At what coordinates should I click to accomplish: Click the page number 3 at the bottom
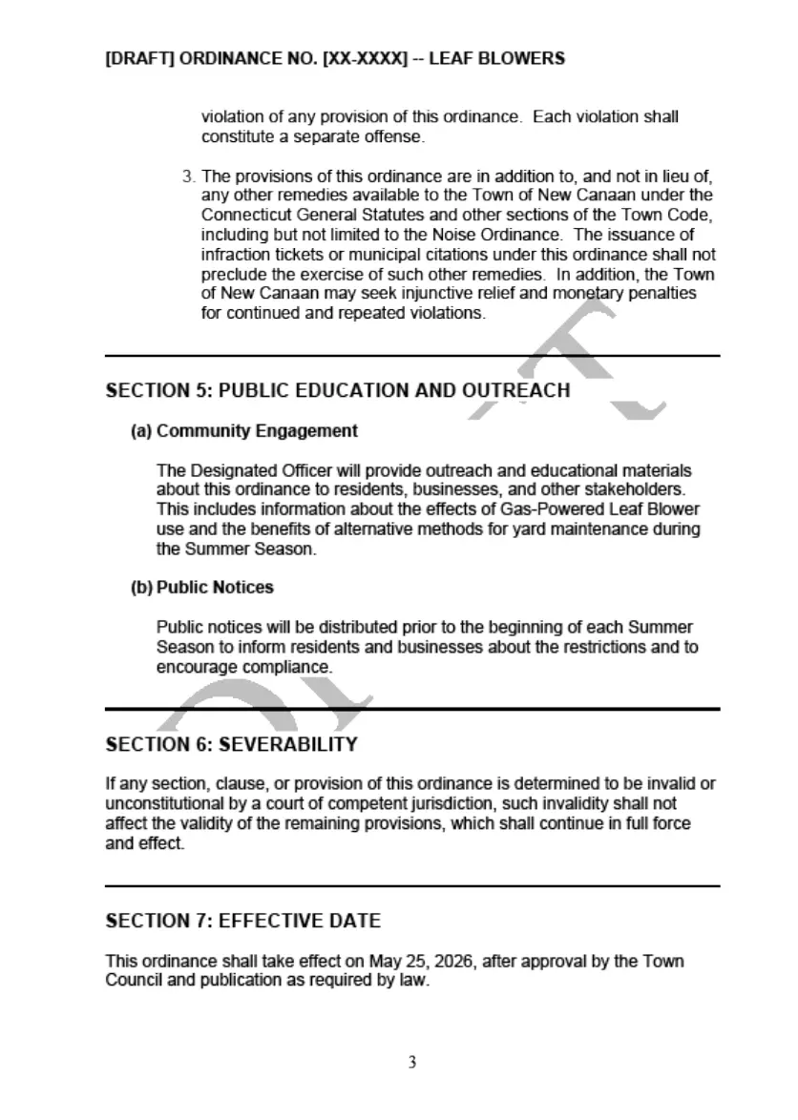pyautogui.click(x=411, y=1063)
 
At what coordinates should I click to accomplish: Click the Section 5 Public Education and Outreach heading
pyautogui.click(x=338, y=391)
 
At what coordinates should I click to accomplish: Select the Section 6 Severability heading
pyautogui.click(x=232, y=744)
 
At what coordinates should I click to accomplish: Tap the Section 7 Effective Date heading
pyautogui.click(x=242, y=922)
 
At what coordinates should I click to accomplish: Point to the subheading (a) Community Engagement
pyautogui.click(x=244, y=431)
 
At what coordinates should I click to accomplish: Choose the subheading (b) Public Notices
pyautogui.click(x=202, y=588)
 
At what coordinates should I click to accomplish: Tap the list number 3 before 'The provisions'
pyautogui.click(x=188, y=176)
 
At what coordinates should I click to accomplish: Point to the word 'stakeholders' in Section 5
pyautogui.click(x=641, y=490)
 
